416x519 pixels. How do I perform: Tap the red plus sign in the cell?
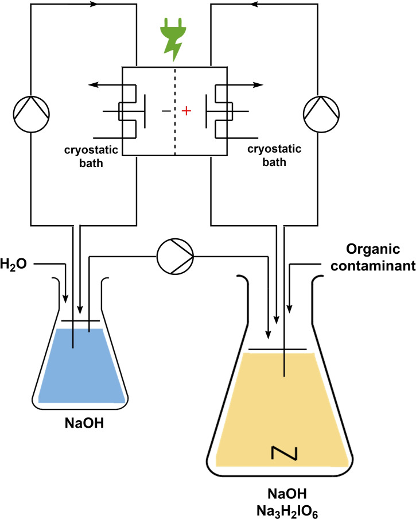[x=185, y=111]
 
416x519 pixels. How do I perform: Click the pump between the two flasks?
[x=174, y=253]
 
